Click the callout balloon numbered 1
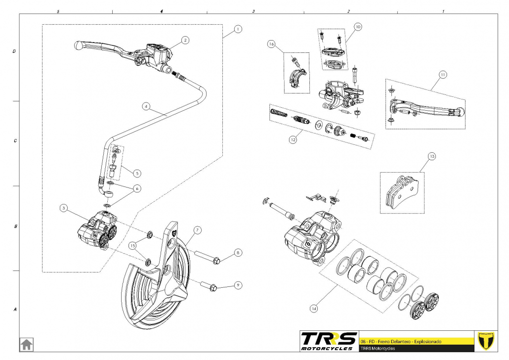(238, 29)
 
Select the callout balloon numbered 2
(185, 40)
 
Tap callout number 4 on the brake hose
(146, 106)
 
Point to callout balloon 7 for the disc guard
(197, 230)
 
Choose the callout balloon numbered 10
(358, 26)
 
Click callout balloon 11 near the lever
(443, 75)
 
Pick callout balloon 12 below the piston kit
(293, 139)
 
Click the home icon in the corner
(26, 344)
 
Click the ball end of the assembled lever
(77, 45)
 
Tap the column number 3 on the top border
(253, 10)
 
